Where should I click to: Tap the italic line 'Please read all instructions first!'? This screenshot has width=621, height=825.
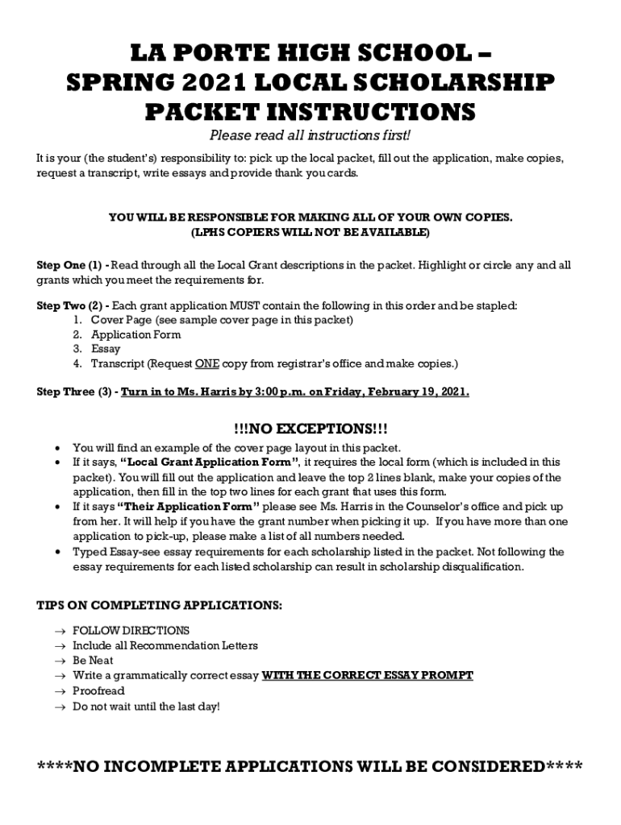(310, 135)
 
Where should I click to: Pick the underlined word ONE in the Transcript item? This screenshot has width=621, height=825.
(207, 364)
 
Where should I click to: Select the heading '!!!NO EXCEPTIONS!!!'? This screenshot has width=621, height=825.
(310, 427)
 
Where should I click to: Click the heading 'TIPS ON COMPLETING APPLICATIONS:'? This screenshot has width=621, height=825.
(160, 606)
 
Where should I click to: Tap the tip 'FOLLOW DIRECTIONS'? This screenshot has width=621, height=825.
(131, 631)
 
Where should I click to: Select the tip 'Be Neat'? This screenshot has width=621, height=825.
(93, 661)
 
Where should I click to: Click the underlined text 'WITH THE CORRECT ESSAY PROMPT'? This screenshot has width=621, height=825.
(368, 676)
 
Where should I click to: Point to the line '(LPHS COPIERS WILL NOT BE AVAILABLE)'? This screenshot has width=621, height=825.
(310, 233)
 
